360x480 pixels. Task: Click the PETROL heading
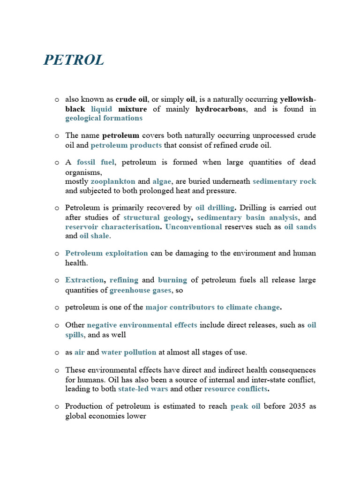(74, 60)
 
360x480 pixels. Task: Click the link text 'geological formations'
(104, 118)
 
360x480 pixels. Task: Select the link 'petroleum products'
(126, 145)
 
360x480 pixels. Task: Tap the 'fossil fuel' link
(96, 162)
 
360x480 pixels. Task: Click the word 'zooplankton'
(113, 181)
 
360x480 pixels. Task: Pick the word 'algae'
(162, 181)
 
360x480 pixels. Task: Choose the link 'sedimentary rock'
(285, 181)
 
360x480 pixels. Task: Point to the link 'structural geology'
(157, 217)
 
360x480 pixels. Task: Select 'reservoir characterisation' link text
(112, 227)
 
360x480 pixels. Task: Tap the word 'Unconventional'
(194, 227)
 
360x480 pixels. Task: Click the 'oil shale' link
(94, 236)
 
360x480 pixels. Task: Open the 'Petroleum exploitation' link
(106, 253)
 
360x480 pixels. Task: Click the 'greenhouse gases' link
(141, 290)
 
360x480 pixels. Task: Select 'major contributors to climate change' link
(212, 307)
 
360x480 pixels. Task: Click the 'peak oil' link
(245, 406)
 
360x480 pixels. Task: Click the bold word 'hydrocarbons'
(220, 109)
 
